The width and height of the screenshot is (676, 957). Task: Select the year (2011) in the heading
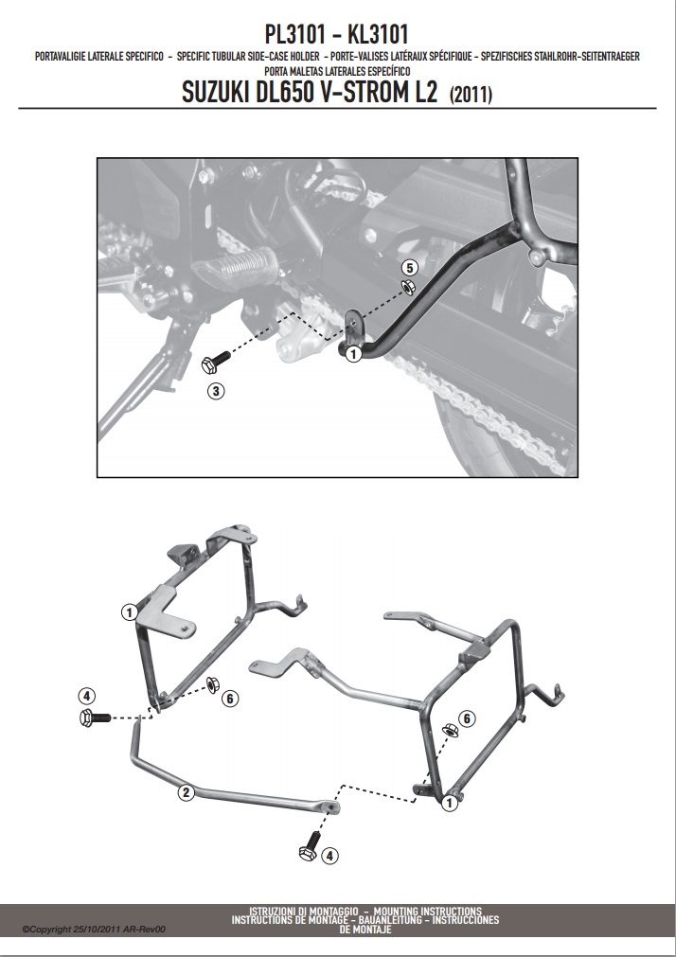[471, 94]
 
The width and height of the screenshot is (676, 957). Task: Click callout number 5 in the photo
[410, 267]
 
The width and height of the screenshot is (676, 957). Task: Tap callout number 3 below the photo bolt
[216, 391]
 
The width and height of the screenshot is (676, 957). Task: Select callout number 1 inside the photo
[353, 353]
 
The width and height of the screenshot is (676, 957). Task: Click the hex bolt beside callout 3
[215, 362]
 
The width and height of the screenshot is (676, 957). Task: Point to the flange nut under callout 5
[408, 287]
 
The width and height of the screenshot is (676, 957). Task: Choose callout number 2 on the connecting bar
[187, 793]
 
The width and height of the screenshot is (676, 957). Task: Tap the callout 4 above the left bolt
[87, 696]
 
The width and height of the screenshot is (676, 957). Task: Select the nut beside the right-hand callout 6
[451, 729]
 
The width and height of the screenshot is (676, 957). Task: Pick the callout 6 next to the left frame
[230, 699]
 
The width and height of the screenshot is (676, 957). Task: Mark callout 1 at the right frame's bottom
[450, 804]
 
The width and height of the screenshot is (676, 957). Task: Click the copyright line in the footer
[94, 930]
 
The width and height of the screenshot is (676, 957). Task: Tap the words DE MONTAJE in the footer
[365, 930]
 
